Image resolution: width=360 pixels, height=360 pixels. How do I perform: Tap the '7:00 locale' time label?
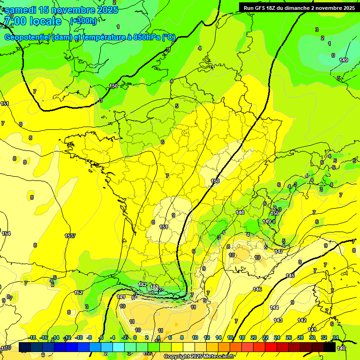pos(32,21)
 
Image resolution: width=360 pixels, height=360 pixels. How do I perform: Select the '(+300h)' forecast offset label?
pos(83,21)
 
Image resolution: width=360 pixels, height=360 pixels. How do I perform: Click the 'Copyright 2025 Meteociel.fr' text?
pos(199,356)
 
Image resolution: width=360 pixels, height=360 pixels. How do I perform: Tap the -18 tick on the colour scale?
pos(32,337)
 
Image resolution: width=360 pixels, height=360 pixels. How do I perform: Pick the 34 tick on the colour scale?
pos(335,337)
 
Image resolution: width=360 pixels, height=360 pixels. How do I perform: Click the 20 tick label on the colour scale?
pos(254,337)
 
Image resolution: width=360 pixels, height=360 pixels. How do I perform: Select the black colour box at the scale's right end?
pos(330,347)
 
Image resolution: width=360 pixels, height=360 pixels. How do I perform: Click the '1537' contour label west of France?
pos(70,236)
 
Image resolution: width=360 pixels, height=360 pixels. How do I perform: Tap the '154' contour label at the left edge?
pos(6,233)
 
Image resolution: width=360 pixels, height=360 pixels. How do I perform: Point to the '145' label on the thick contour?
pos(291,276)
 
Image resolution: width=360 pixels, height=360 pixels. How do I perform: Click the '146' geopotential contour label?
pos(257,289)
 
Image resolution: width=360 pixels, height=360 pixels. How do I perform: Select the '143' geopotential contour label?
pos(278,320)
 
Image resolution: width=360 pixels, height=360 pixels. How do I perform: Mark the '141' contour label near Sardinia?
pos(313,330)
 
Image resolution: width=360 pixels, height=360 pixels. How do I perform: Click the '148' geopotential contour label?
pos(240,212)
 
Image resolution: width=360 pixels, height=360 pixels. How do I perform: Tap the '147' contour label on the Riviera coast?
pos(279,252)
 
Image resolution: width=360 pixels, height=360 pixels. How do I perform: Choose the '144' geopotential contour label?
pos(274,307)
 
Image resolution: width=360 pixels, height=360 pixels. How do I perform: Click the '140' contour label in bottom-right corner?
pos(341,348)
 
